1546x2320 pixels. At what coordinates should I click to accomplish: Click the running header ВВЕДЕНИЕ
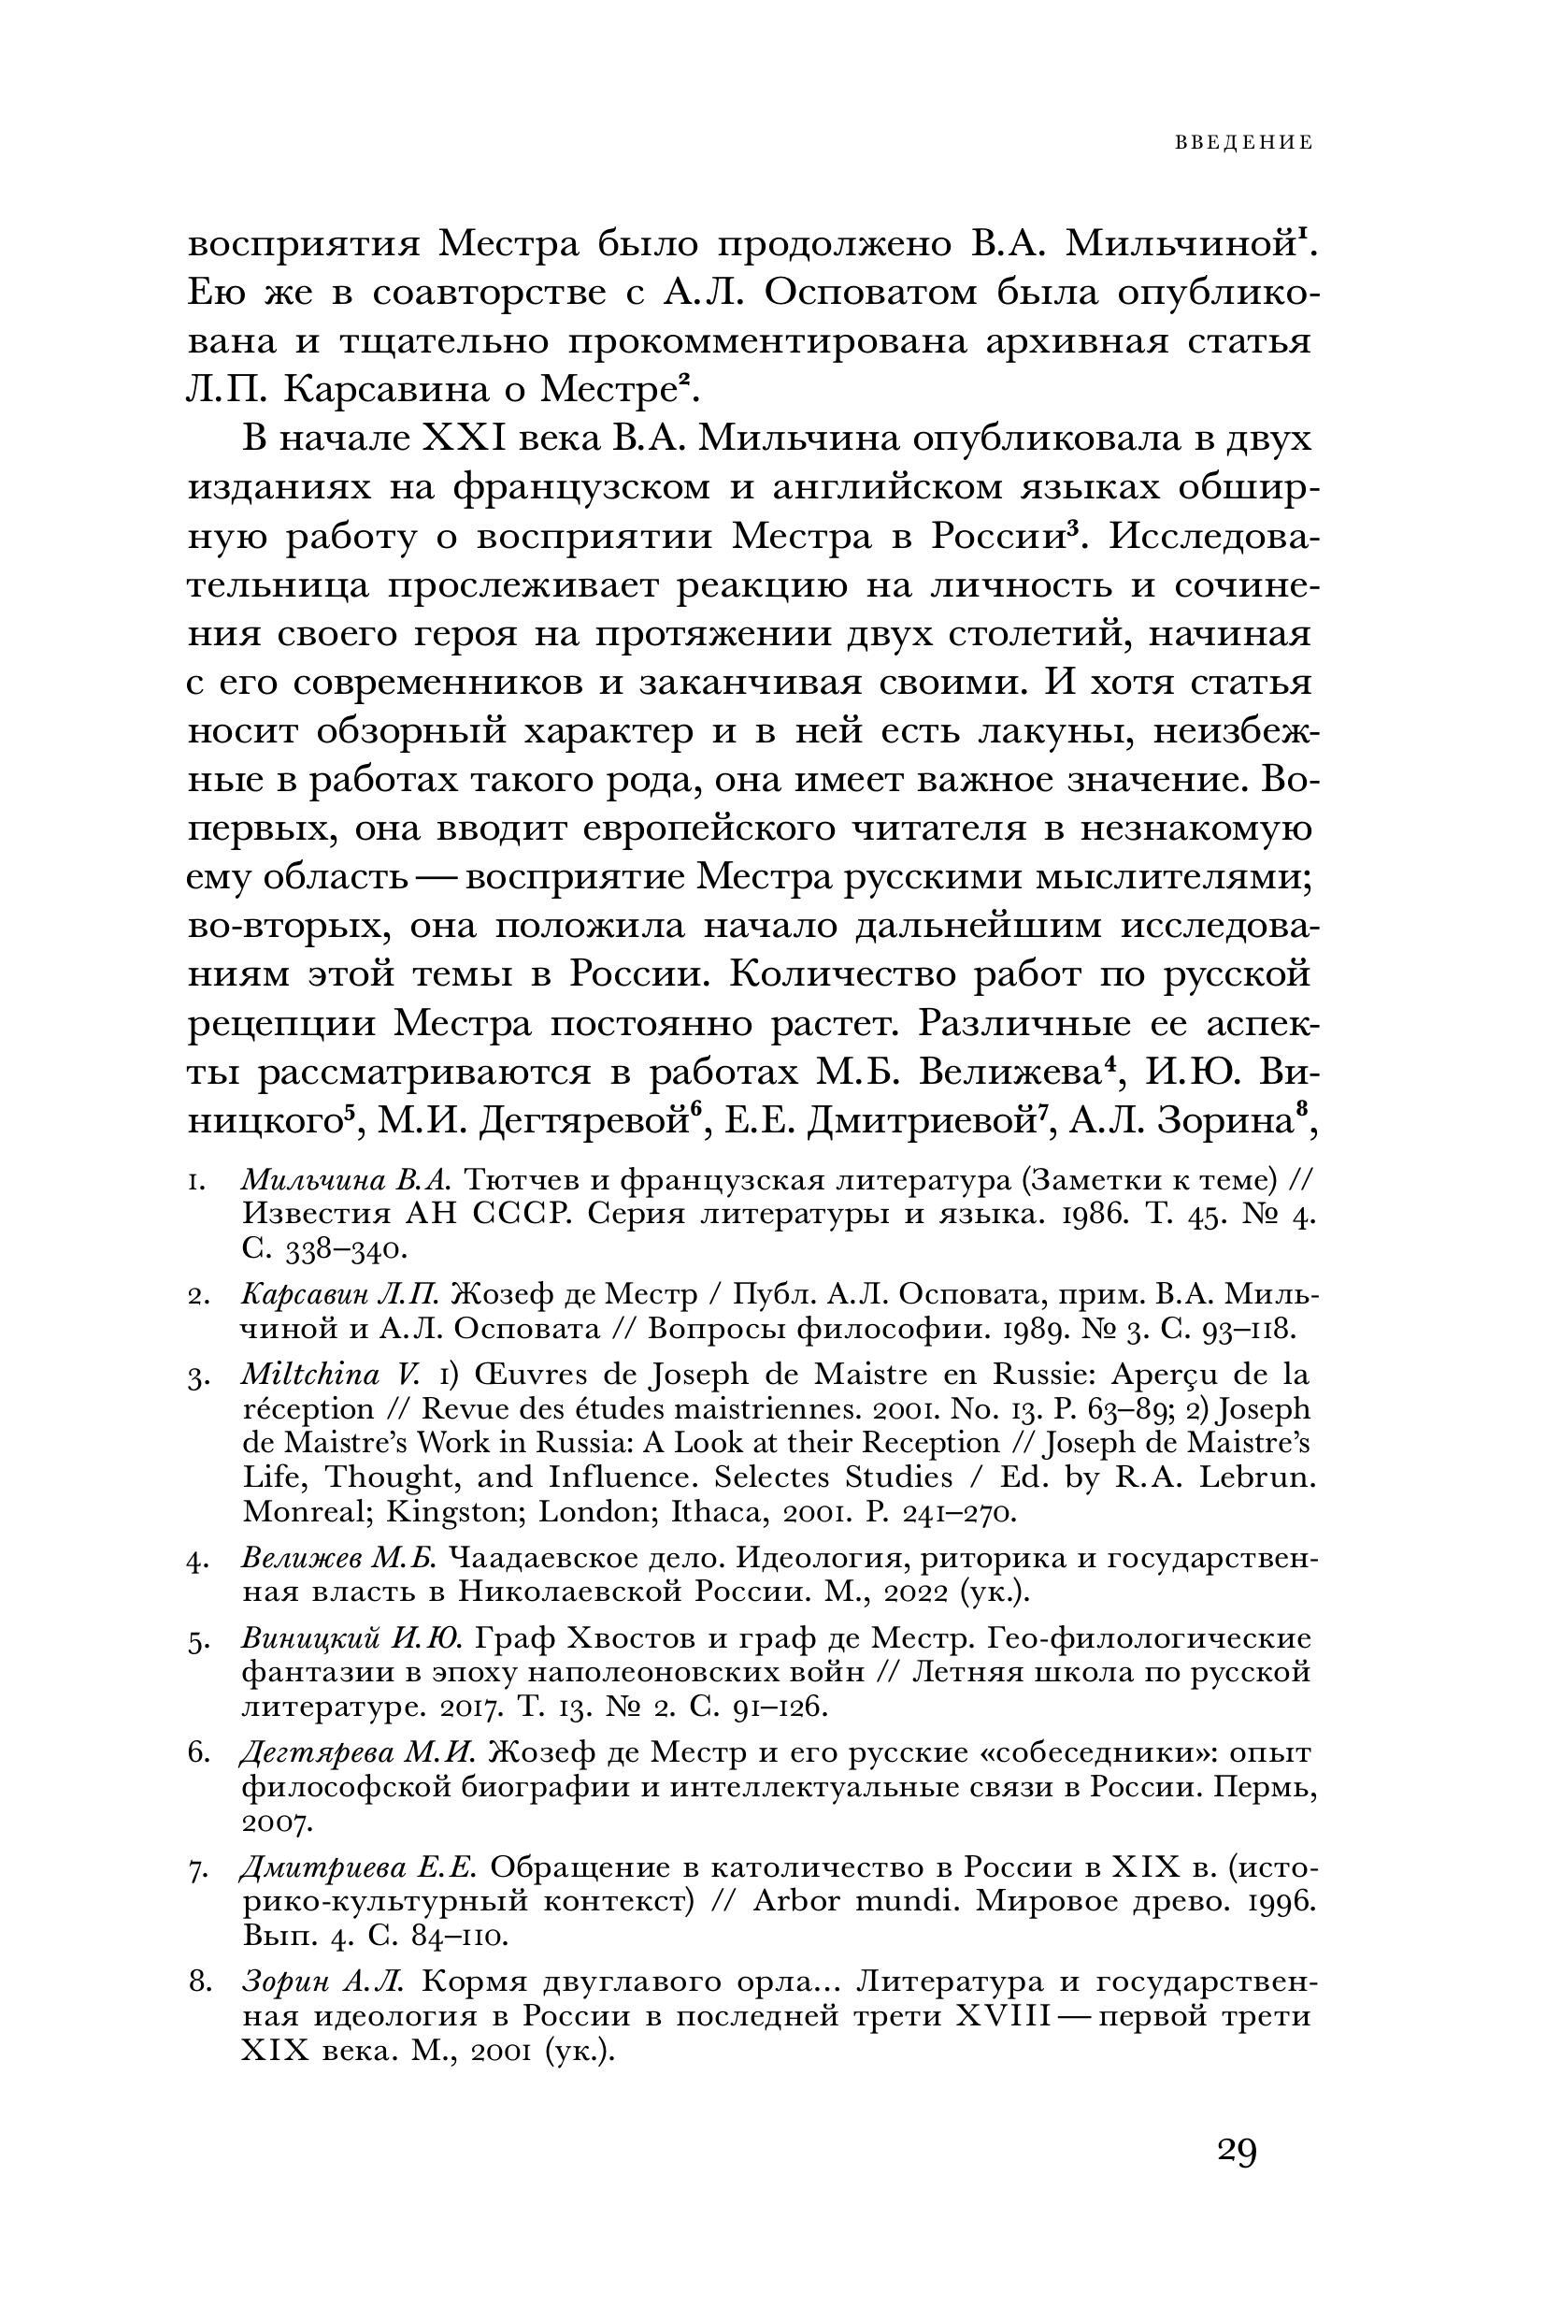pos(1243,143)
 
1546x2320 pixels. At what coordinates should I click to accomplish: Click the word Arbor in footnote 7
pos(793,1902)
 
